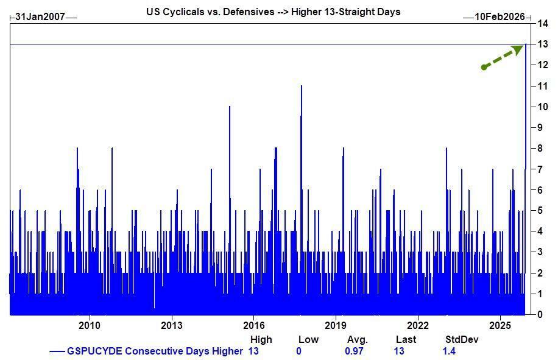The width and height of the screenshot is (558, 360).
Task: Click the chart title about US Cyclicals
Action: [x=273, y=12]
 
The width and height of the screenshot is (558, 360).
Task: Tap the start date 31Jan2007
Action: [x=40, y=17]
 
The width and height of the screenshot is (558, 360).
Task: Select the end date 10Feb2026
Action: [x=500, y=17]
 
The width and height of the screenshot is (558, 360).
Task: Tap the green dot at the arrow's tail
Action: [x=484, y=67]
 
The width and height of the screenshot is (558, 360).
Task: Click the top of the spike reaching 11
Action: [x=302, y=86]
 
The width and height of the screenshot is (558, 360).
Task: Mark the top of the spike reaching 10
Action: [x=230, y=107]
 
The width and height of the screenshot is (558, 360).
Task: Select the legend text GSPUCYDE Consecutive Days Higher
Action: [x=154, y=351]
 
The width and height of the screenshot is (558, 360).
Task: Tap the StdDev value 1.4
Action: [x=449, y=351]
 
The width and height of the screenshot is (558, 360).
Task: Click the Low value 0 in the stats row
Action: [x=298, y=351]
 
